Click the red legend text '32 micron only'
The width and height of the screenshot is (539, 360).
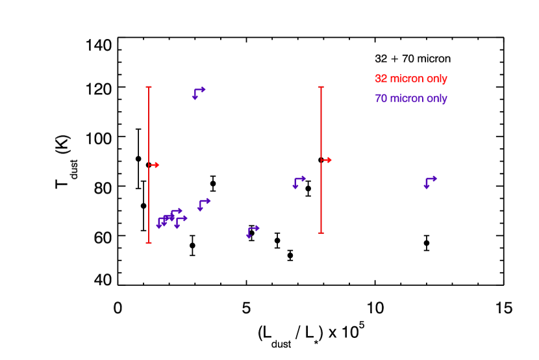[410, 79]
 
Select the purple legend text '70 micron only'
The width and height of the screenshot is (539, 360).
[410, 99]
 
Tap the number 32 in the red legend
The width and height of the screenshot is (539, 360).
[381, 79]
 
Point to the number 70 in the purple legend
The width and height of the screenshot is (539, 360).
[381, 99]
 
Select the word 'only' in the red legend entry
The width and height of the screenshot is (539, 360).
[436, 79]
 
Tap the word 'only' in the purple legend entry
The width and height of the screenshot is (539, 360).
[436, 99]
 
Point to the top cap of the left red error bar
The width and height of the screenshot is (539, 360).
[149, 86]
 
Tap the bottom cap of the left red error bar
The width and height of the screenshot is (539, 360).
[149, 243]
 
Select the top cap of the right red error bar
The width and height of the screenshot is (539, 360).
[321, 86]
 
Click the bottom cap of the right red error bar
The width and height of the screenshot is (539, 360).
[321, 232]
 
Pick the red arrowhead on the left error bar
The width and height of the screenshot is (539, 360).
[157, 165]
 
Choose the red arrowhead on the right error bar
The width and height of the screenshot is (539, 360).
[329, 160]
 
